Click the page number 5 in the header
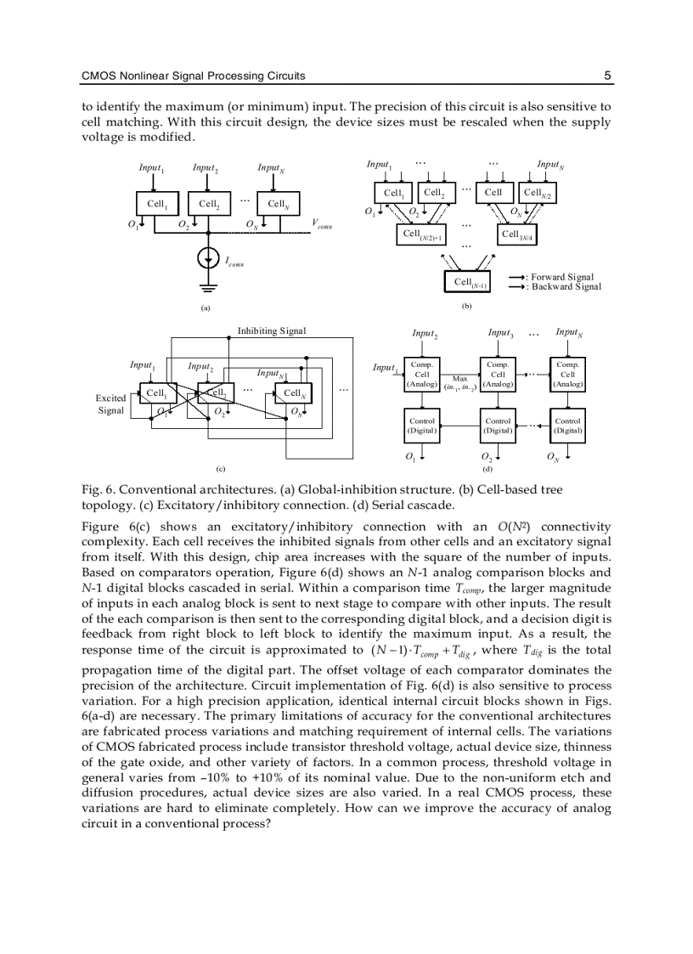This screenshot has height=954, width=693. point(607,76)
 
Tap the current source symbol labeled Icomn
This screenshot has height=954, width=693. point(208,258)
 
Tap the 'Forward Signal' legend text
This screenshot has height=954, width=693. point(561,277)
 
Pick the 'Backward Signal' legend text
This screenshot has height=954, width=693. point(565,287)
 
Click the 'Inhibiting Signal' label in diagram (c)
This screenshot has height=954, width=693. point(272,330)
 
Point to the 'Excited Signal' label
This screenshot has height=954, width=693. point(110,404)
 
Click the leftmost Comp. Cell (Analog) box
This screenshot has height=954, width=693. point(422,374)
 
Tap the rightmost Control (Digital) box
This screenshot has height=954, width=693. point(567,425)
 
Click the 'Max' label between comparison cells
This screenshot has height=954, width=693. point(460,379)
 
